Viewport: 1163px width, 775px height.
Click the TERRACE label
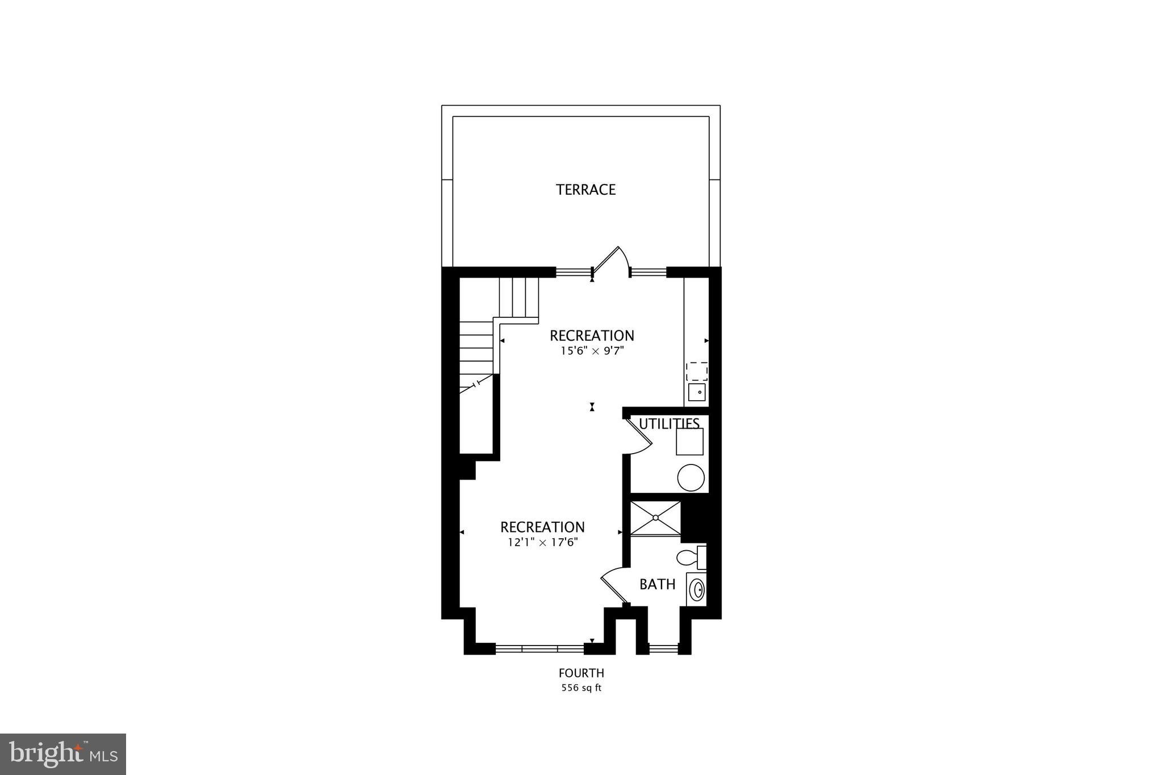(585, 190)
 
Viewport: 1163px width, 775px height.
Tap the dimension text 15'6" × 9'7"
(592, 351)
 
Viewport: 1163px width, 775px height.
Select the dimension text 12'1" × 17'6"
(542, 542)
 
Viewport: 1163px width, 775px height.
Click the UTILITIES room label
(669, 424)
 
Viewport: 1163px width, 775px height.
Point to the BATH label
(657, 584)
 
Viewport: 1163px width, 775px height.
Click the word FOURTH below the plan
(581, 673)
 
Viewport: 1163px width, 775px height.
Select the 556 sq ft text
(581, 688)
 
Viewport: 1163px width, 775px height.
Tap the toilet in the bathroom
(689, 558)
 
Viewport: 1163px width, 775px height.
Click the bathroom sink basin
(696, 589)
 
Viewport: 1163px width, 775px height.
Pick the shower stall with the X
(655, 518)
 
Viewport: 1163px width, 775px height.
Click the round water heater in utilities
(691, 477)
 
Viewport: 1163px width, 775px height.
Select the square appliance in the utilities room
(689, 441)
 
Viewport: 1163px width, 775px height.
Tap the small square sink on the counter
(697, 392)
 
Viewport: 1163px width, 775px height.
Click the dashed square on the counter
(697, 371)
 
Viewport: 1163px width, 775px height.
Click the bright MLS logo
(63, 754)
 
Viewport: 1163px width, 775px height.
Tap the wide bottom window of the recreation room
(539, 648)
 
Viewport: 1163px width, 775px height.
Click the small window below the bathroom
(663, 648)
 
